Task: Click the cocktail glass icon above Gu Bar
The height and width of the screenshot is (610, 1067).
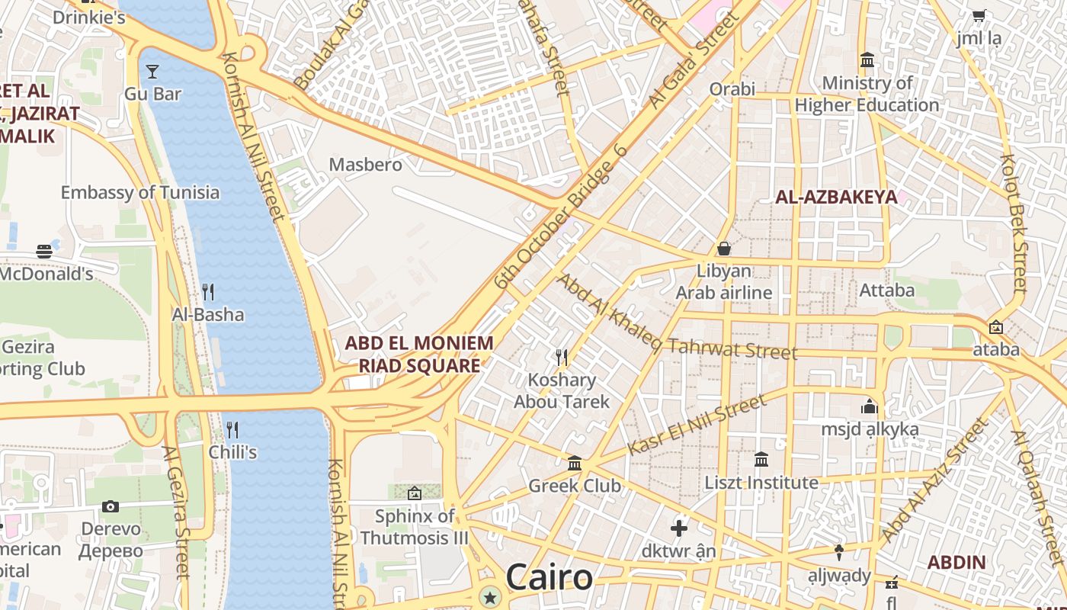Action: click(152, 72)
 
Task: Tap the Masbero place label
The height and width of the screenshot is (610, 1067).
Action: click(365, 164)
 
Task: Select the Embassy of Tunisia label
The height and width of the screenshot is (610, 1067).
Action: click(140, 192)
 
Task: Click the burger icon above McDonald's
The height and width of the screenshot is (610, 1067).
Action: click(44, 251)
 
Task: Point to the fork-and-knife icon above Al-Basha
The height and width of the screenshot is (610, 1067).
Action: click(207, 291)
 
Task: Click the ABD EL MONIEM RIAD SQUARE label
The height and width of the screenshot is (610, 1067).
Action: click(419, 354)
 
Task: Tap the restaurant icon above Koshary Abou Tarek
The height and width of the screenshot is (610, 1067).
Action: click(562, 357)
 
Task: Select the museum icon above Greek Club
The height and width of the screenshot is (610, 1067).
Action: click(575, 463)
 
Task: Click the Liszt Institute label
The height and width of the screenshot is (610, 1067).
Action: click(761, 483)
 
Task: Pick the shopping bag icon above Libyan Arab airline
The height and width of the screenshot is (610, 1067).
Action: click(724, 249)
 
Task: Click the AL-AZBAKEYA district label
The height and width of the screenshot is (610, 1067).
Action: click(836, 197)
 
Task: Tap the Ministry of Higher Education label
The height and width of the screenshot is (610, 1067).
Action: click(867, 94)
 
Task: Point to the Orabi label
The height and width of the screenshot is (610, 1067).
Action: click(732, 88)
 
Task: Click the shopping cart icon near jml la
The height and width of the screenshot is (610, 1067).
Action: click(979, 15)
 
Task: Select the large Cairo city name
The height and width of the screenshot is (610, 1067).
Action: click(549, 577)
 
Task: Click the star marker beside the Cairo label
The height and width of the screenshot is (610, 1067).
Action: click(489, 598)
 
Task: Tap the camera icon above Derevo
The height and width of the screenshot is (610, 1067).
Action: click(111, 506)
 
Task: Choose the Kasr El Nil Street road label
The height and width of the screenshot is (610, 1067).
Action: click(695, 425)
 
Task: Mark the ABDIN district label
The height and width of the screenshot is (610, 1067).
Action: click(956, 563)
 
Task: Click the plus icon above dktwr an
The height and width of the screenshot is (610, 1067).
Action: click(678, 528)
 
